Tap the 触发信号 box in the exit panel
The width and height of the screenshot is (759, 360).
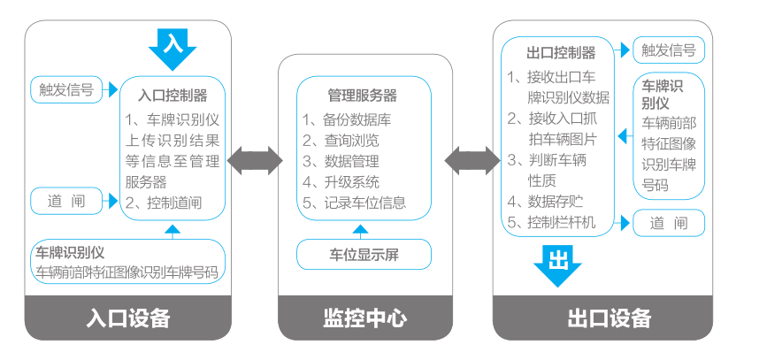[668, 50]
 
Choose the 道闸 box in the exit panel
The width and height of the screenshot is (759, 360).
[668, 223]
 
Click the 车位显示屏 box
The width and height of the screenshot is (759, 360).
[364, 256]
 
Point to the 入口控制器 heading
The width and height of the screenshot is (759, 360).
[173, 95]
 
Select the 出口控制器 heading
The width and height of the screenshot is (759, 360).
[560, 53]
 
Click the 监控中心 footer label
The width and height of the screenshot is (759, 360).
[364, 318]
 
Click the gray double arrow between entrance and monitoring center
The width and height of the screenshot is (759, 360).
[255, 161]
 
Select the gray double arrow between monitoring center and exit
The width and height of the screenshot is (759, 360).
[471, 161]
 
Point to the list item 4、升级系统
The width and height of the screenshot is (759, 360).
[341, 182]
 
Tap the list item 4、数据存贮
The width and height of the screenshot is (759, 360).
[548, 201]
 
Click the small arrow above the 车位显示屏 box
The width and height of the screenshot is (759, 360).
[359, 228]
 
